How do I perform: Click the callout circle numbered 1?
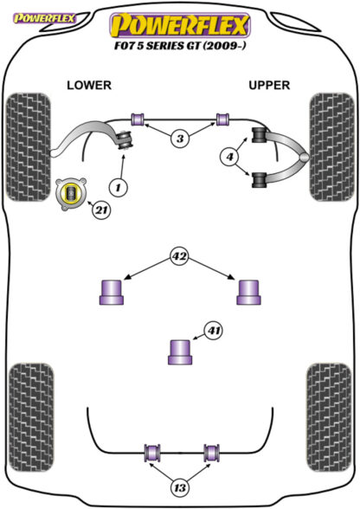[118, 187]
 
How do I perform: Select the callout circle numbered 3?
[180, 139]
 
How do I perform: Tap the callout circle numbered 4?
[229, 157]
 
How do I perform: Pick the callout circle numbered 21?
[101, 210]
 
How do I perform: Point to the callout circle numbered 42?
[180, 256]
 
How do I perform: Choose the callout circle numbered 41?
[214, 331]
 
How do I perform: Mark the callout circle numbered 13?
[180, 487]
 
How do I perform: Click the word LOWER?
[89, 86]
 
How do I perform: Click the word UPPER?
[269, 86]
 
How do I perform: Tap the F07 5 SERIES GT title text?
[180, 45]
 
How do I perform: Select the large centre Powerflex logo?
[180, 25]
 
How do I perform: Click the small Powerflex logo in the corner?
[44, 18]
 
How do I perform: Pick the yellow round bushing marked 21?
[71, 194]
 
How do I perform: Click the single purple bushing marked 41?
[180, 351]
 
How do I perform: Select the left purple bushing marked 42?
[112, 293]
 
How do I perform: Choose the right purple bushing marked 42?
[248, 293]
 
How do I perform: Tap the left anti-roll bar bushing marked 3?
[138, 119]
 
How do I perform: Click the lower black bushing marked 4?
[260, 180]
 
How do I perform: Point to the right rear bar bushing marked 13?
[212, 453]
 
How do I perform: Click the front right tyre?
[332, 147]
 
